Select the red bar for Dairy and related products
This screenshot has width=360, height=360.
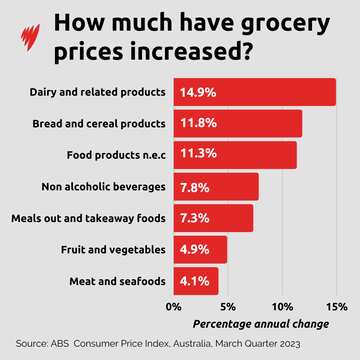pos(255,92)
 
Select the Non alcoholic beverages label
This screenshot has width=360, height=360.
pos(104,186)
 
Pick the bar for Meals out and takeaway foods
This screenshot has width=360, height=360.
pos(213,218)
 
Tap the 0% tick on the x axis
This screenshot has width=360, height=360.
pos(174,306)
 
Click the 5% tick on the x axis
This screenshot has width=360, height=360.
pos(228,306)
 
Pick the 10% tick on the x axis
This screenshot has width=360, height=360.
pos(282,306)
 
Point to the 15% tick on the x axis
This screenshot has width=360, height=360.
pos(337,306)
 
